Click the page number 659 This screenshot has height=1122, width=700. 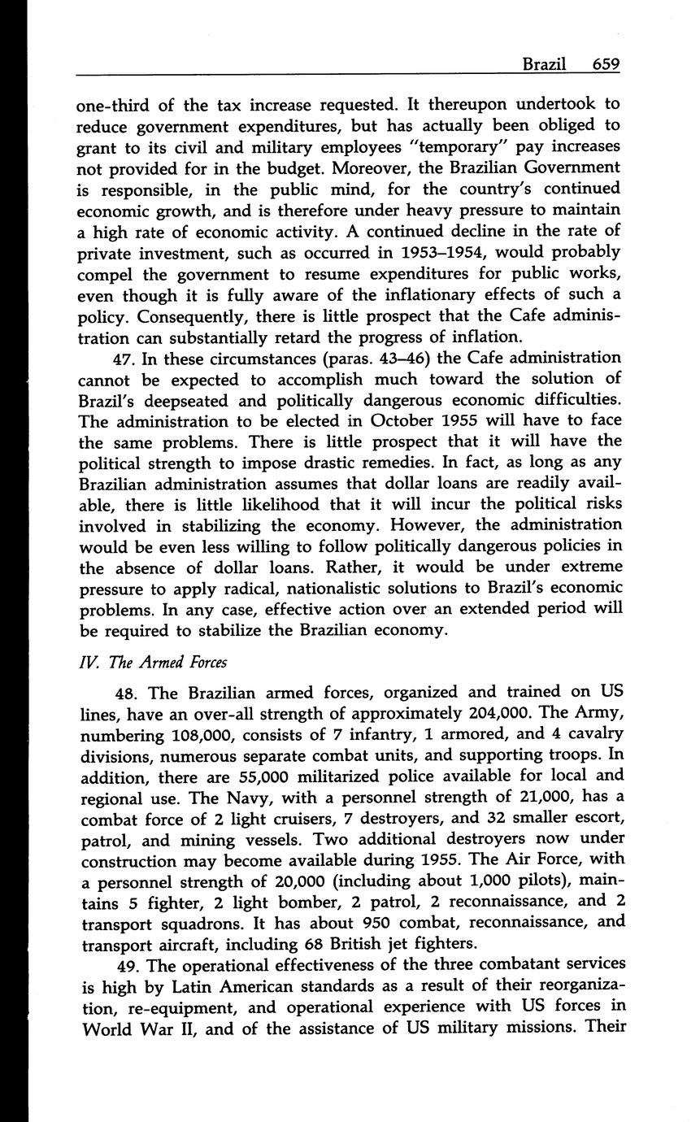pyautogui.click(x=606, y=64)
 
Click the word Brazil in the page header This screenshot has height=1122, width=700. pyautogui.click(x=544, y=64)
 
